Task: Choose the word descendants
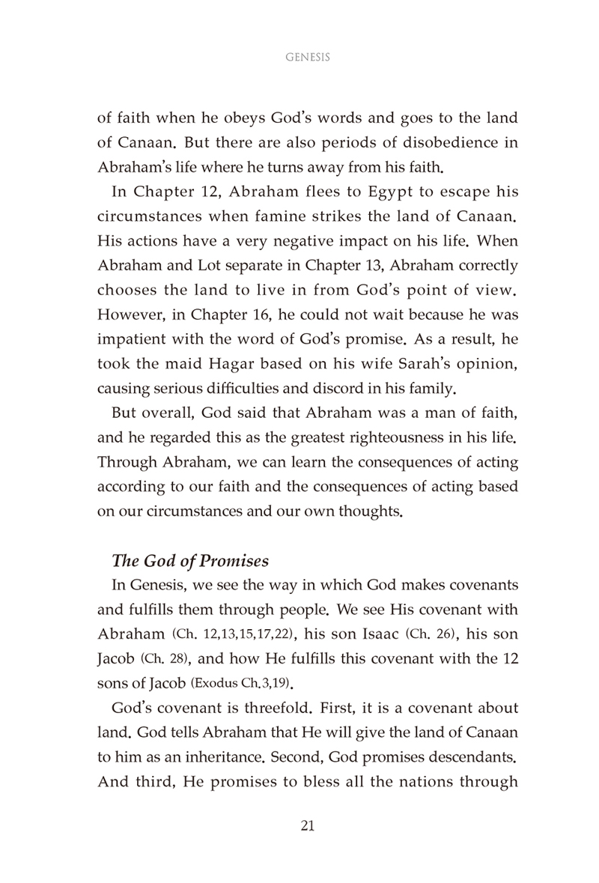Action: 445,783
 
